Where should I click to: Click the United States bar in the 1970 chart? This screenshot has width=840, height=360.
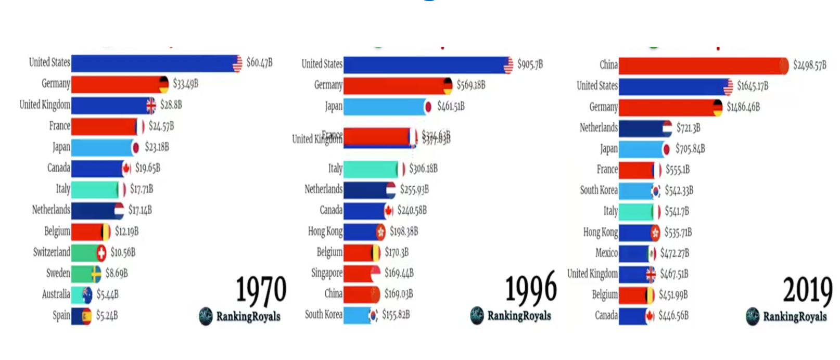tap(154, 63)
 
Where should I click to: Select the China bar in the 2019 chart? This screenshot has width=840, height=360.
tap(700, 66)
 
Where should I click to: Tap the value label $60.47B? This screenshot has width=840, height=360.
tap(259, 63)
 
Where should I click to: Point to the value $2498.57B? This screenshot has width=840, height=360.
tap(809, 66)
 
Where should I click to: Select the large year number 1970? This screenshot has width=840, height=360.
tap(261, 290)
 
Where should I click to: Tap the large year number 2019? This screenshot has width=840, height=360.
tap(807, 290)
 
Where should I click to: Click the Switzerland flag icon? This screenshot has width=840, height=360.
tap(101, 253)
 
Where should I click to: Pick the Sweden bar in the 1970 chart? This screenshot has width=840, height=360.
tap(83, 274)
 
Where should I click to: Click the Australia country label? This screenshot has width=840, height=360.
tap(56, 294)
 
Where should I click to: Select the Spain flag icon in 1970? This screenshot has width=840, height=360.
tap(86, 316)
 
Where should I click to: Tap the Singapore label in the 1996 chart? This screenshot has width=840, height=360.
tap(327, 273)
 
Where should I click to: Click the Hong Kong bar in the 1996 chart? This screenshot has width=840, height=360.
tap(361, 232)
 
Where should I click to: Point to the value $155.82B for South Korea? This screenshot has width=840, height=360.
tap(396, 315)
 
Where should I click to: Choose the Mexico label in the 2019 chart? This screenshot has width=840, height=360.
tap(606, 253)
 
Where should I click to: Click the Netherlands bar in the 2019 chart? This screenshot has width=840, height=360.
tap(641, 128)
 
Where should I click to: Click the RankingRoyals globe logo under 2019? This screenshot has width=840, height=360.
tap(752, 316)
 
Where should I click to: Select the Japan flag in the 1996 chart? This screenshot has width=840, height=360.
tap(428, 107)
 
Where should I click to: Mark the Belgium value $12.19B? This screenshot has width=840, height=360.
tap(127, 232)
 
